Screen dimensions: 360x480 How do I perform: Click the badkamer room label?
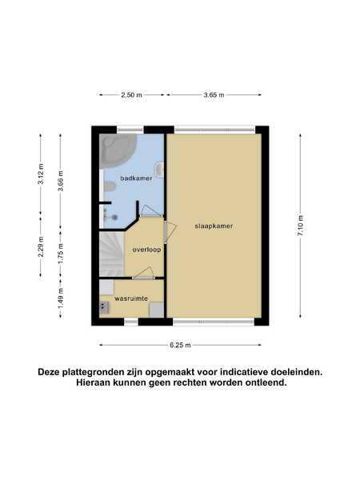pos(136,178)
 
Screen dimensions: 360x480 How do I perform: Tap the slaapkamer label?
pos(214,226)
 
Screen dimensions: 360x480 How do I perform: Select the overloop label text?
pos(146,250)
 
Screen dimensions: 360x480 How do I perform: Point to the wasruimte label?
pos(131,298)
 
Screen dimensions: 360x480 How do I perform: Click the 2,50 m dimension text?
pos(132,95)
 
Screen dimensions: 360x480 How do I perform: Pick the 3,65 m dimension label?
pos(214,95)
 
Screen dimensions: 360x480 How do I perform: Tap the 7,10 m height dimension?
pos(300,226)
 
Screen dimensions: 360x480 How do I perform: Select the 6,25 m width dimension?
pos(180,346)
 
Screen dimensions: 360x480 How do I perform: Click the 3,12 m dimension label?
pos(41,174)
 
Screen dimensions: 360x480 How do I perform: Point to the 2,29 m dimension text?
pos(41,246)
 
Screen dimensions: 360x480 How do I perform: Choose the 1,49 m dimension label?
pos(61,298)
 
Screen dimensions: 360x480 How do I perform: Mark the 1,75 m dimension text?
pos(61,254)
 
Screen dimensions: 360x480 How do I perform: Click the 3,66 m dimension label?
pos(61,181)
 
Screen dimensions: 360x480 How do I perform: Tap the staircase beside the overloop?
pos(112,254)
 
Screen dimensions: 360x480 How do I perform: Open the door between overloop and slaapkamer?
pos(170,232)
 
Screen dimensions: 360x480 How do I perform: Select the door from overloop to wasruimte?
pos(143,274)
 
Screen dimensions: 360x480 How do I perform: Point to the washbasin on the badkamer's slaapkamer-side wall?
pos(160,169)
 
